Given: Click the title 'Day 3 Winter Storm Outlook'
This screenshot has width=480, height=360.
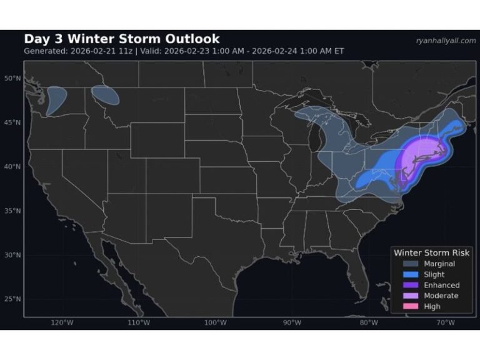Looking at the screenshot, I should [121, 39].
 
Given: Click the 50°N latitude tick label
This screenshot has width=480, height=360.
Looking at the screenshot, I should [12, 78].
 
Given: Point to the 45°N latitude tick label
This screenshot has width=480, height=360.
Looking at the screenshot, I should [12, 122].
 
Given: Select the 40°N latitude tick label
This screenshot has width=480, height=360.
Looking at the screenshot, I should [12, 167].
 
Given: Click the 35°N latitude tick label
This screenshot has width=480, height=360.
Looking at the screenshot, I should [12, 211].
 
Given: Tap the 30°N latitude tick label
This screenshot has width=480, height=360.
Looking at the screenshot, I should [12, 255].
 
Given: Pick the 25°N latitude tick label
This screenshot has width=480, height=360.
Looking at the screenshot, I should [12, 299].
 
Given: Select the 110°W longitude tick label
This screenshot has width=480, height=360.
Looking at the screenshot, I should [138, 322].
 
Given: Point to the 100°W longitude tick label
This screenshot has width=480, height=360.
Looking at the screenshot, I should [215, 322].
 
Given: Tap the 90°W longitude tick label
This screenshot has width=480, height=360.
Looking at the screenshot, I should [292, 322].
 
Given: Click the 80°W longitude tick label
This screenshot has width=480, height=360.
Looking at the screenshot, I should [369, 322].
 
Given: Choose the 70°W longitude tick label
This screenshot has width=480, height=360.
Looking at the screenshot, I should [445, 322].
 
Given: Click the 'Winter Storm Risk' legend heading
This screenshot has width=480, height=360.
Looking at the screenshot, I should [431, 252].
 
